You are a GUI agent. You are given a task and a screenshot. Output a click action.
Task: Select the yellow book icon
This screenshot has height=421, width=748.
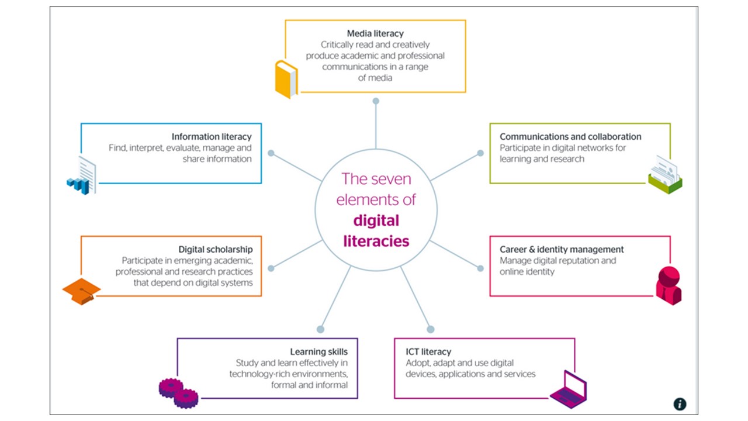tap(286, 80)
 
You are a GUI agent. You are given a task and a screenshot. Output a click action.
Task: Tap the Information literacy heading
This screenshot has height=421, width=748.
tap(212, 137)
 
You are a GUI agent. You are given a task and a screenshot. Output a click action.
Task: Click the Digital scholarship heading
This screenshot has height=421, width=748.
tap(216, 249)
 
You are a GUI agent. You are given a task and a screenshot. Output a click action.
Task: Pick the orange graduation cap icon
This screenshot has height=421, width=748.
tap(82, 291)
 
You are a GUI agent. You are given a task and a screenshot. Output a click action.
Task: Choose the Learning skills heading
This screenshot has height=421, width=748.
tap(319, 351)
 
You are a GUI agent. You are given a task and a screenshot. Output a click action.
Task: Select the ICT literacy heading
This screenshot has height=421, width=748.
tap(428, 351)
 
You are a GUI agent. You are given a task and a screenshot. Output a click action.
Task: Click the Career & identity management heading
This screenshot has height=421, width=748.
tap(562, 249)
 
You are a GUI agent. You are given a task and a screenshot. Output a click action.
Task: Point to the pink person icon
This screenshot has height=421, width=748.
tap(668, 285)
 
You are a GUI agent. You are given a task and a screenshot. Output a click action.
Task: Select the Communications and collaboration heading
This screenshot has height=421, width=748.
tap(570, 137)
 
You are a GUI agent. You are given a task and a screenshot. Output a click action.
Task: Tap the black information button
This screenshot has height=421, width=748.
tap(680, 404)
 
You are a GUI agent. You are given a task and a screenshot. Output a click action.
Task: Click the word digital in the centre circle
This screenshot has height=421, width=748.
tap(376, 220)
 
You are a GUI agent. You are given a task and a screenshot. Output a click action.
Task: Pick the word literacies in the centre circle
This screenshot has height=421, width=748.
tap(376, 241)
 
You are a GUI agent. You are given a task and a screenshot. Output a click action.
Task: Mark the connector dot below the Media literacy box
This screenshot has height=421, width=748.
tap(376, 101)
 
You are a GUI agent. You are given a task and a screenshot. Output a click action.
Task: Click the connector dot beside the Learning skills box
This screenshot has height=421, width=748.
tap(320, 329)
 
